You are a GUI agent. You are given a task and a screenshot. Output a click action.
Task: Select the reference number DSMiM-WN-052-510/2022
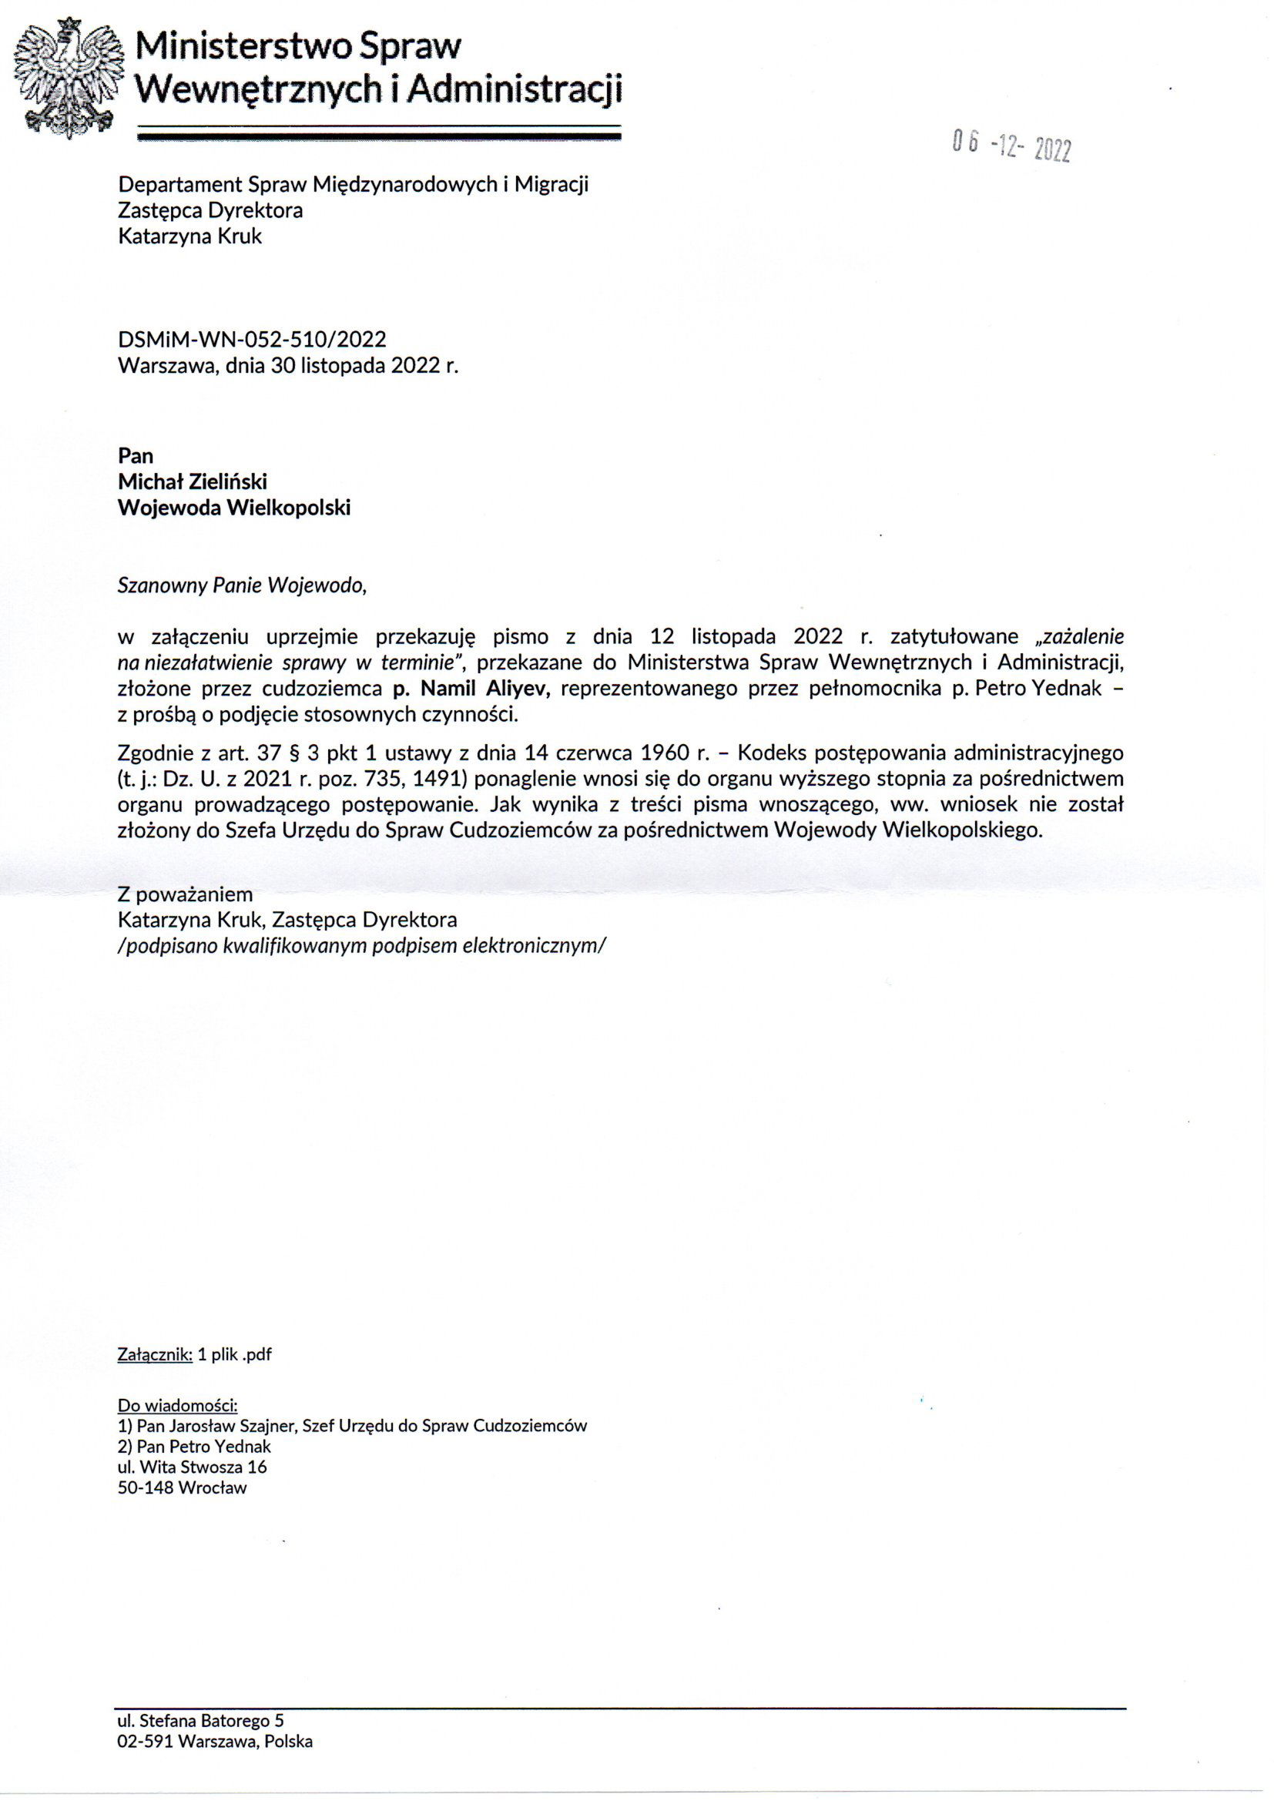[x=252, y=339]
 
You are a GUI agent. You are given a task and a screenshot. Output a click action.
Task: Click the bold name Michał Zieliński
[x=193, y=481]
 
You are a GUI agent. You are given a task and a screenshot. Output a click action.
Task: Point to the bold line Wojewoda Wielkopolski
[x=234, y=508]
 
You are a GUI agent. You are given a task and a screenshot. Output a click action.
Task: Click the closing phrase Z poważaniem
[x=185, y=894]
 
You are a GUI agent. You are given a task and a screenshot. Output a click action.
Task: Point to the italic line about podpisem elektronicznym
[x=362, y=945]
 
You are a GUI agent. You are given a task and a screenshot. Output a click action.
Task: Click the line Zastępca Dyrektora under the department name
[x=210, y=210]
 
